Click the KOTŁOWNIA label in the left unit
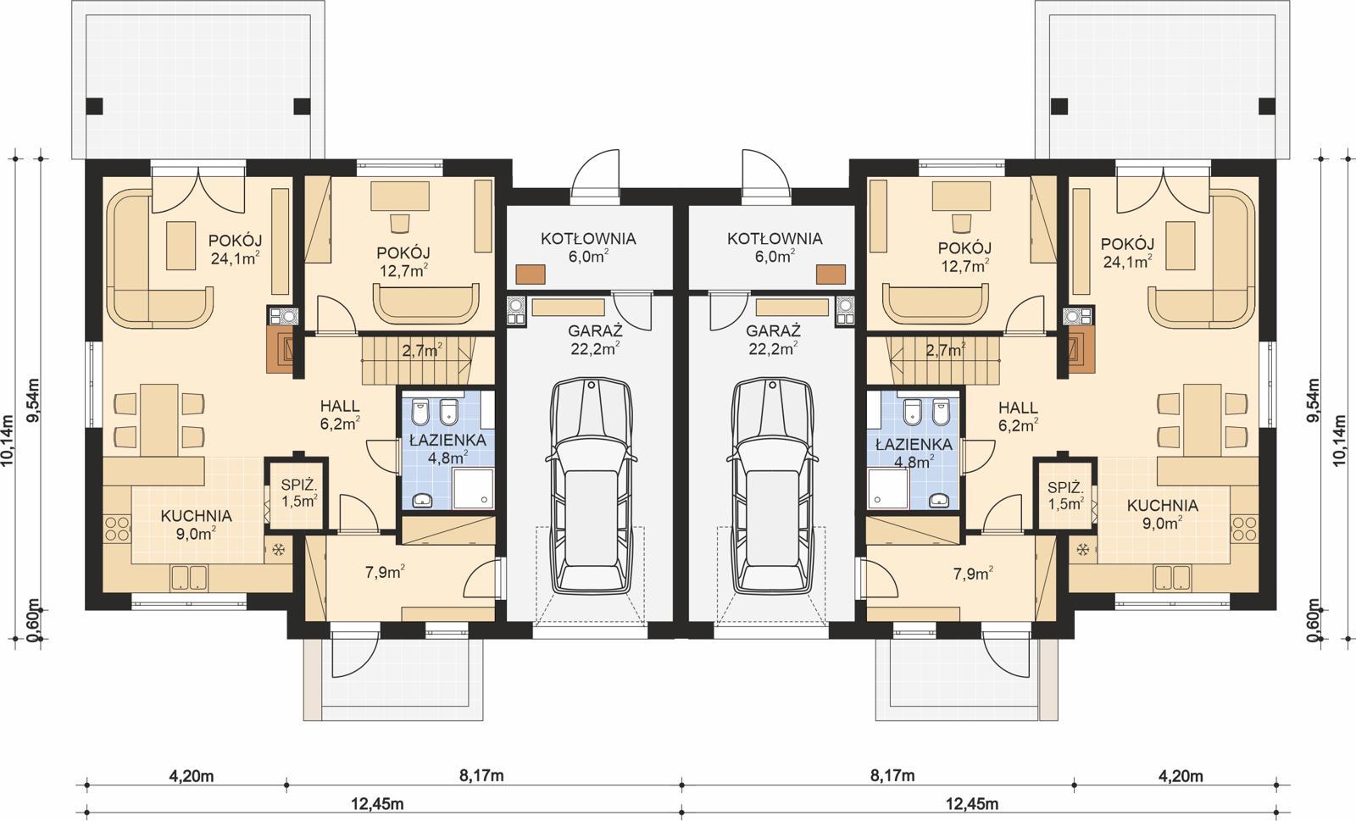coord(588,246)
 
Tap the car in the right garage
coord(774,487)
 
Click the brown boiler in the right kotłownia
coord(831,274)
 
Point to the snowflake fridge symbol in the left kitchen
coord(277,550)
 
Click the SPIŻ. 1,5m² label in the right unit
coord(1065,495)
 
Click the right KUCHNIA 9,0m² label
coord(1162,513)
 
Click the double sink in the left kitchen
coord(188,578)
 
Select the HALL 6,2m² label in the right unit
coord(1018,415)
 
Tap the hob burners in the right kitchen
coord(1243,530)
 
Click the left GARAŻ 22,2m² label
coord(595,338)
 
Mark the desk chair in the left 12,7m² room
coord(398,222)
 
